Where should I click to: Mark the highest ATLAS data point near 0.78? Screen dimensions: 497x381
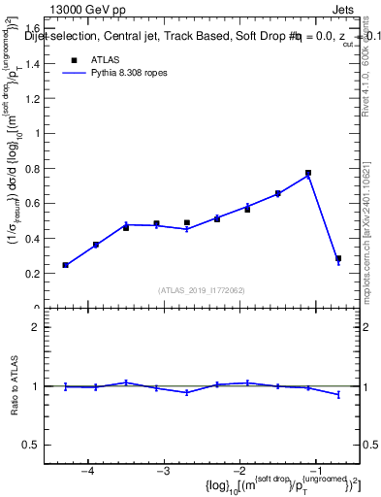coord(308,173)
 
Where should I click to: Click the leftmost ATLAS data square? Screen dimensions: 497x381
coord(66,265)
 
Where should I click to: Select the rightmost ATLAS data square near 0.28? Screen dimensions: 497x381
coord(338,259)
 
